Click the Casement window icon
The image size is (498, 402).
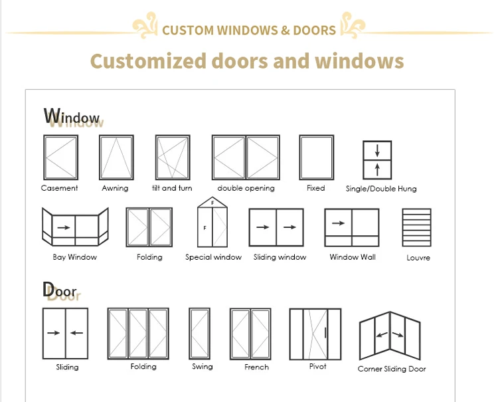click(x=60, y=157)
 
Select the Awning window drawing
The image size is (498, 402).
click(x=116, y=157)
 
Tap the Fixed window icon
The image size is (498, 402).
click(x=316, y=157)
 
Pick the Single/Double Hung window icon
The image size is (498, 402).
click(x=376, y=159)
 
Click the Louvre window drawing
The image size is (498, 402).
click(x=416, y=227)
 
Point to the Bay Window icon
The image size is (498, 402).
click(x=74, y=227)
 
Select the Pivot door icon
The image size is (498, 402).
click(x=315, y=333)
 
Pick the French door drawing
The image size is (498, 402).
click(x=250, y=333)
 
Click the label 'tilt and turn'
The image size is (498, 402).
click(x=172, y=188)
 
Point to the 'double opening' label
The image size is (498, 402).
click(x=246, y=188)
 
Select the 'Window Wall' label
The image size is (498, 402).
click(x=353, y=257)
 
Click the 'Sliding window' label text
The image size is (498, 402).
click(x=280, y=257)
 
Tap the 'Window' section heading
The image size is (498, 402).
click(x=72, y=118)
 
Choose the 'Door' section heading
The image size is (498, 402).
click(x=60, y=290)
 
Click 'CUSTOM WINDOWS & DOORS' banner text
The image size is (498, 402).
click(x=249, y=31)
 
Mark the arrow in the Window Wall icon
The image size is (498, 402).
click(x=338, y=224)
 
